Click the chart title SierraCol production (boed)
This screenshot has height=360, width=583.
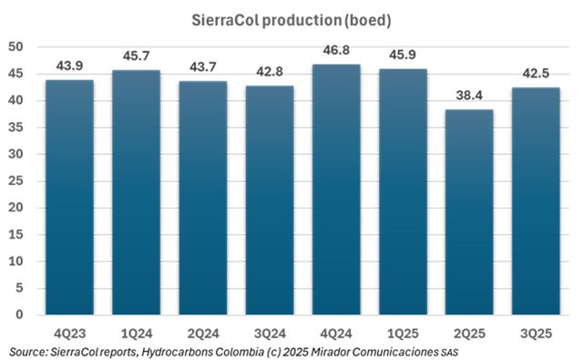pos(291,18)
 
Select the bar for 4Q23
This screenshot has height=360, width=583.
pos(69,196)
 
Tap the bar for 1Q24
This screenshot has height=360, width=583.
pos(136,191)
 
